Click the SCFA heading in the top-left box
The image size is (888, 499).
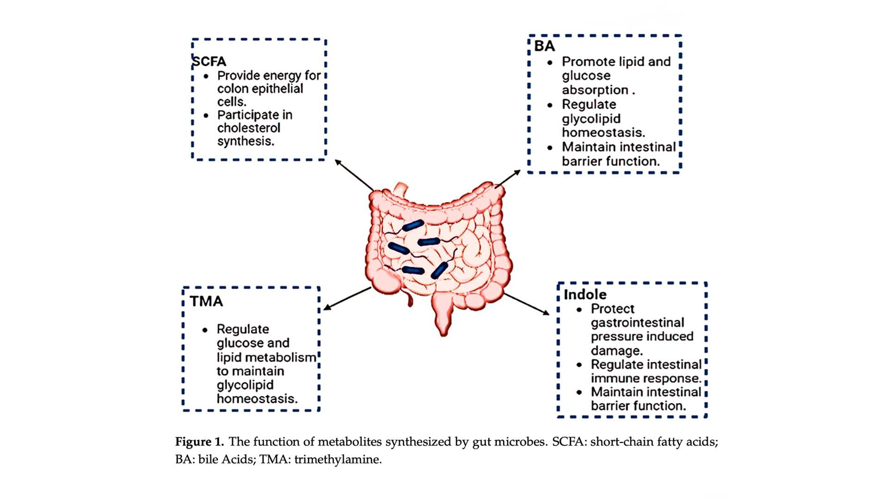[x=209, y=61]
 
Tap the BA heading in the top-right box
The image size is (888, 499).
[x=544, y=46]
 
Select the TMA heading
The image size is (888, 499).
[x=206, y=301]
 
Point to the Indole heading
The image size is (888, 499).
[x=585, y=294]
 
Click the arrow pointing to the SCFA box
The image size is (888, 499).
[x=354, y=175]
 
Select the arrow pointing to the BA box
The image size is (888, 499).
[x=508, y=179]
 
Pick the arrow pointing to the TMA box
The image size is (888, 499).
[x=347, y=298]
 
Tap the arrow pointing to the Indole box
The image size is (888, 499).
[x=526, y=304]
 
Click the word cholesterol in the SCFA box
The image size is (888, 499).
[x=249, y=128]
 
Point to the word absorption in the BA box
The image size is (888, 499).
[x=595, y=90]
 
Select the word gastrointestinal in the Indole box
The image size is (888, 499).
[x=637, y=323]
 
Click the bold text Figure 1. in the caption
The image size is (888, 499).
[x=199, y=442]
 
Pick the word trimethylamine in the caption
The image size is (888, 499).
[x=338, y=460]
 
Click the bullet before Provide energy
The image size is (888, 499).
[x=206, y=76]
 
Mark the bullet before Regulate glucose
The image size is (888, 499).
[x=205, y=330]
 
